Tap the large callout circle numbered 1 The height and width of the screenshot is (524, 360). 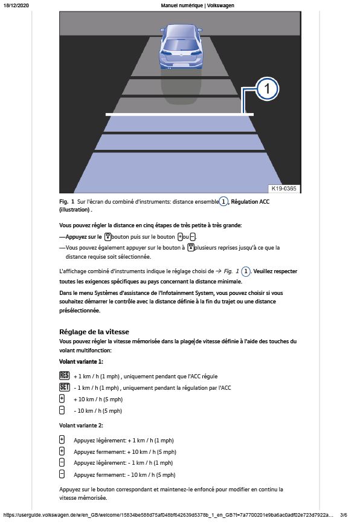coord(267,89)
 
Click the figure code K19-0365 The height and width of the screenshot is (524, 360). coord(283,189)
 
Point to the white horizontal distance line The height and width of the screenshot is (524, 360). coord(179,115)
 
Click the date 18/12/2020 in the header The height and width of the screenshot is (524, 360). coord(16,5)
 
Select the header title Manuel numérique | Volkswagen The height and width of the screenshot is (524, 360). coord(198,5)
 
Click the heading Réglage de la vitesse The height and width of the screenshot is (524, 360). coord(94,332)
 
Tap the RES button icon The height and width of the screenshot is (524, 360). coord(64,375)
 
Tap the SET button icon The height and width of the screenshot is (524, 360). coord(64,387)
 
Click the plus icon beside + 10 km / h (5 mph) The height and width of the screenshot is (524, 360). coord(62,399)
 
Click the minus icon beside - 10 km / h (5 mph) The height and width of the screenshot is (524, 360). coord(62,410)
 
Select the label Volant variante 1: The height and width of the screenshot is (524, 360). coord(81,361)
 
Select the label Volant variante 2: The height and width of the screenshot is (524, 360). coord(81,425)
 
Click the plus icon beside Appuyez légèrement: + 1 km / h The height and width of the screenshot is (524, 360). coord(62,440)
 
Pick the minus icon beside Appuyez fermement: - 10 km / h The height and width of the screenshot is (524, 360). coord(62,474)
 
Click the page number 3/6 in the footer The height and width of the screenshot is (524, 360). coord(344,515)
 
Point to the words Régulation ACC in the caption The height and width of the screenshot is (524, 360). coord(250,201)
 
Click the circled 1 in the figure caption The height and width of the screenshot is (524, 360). coord(223,201)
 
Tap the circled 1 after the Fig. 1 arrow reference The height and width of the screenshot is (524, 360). coord(246,271)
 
